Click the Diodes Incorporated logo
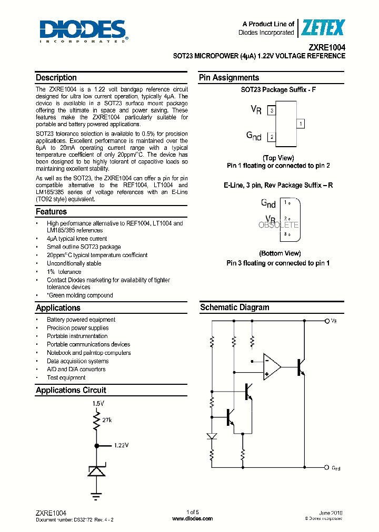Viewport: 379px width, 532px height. [83, 31]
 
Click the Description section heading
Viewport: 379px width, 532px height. [56, 78]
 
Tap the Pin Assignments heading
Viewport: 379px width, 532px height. [229, 78]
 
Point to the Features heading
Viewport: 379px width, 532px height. [52, 212]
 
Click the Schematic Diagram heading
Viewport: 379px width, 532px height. [234, 308]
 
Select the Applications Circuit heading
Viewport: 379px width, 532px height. [71, 390]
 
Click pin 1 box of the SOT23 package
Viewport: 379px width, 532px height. [300, 124]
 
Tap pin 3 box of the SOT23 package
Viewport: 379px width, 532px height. [271, 110]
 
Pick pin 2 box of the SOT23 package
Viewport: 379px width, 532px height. [271, 137]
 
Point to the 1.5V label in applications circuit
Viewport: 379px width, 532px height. [98, 403]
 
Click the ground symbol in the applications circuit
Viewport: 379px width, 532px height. [96, 495]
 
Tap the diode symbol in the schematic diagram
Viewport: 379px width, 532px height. [211, 436]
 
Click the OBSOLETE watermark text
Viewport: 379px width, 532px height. [278, 224]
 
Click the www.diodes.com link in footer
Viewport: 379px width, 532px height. [193, 518]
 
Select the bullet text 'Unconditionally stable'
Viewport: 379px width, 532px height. [74, 263]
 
